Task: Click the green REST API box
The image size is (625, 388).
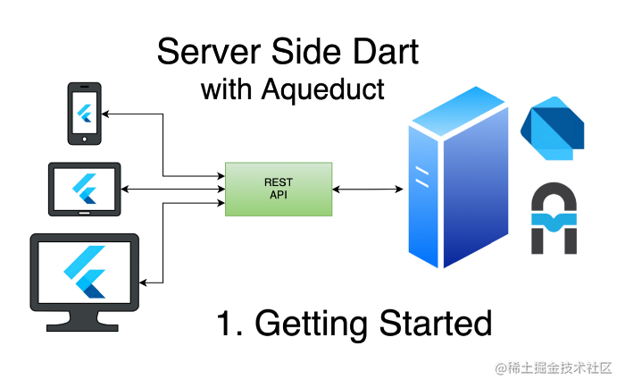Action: coord(278,189)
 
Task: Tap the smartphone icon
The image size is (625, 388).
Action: coord(85,114)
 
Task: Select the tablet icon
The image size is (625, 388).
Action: coord(84,189)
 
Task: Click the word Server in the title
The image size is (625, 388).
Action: coord(204,52)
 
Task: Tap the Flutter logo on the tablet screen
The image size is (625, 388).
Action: coord(85,189)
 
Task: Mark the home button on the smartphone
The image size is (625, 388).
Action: coord(85,138)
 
